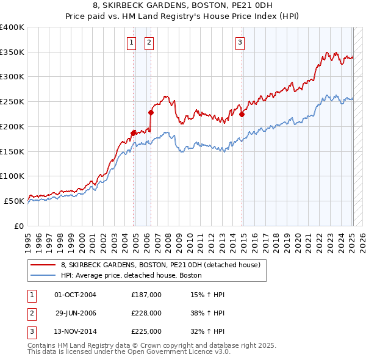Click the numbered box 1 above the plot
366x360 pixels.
pos(131,42)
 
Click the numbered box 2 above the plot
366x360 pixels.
pos(149,42)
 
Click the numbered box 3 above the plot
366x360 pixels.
pos(240,42)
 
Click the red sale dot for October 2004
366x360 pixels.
pos(133,132)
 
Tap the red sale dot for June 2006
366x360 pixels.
pos(151,112)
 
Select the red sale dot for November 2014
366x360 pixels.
pos(242,114)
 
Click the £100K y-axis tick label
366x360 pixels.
pos(12,176)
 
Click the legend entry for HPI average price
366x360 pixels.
pos(131,275)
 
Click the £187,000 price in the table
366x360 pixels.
pos(146,295)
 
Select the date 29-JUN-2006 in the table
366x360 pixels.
pos(76,313)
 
